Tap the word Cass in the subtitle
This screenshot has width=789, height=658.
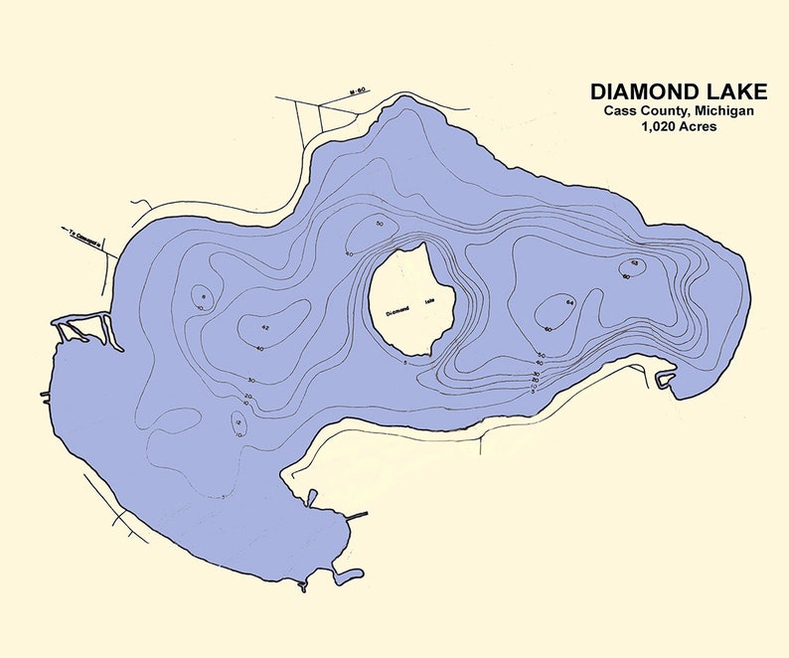(x=621, y=111)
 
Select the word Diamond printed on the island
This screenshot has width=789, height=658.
(x=400, y=309)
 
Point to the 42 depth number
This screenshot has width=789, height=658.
(x=265, y=327)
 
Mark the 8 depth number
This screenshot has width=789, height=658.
(x=203, y=297)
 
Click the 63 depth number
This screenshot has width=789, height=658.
(x=634, y=262)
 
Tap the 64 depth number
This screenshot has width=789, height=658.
(x=570, y=301)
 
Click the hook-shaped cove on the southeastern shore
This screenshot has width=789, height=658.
(x=665, y=379)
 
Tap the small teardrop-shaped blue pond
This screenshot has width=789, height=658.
(x=311, y=496)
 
